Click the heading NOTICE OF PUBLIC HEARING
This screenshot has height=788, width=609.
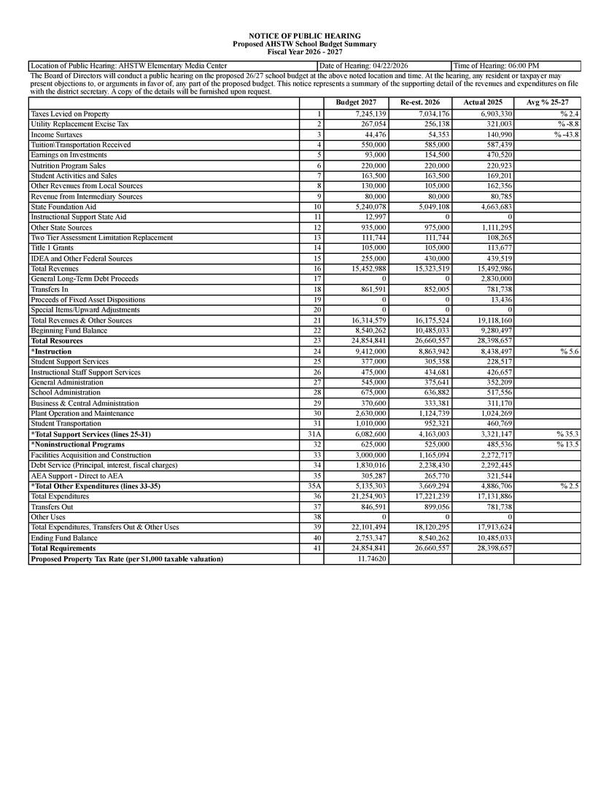304,36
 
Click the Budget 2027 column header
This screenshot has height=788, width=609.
356,103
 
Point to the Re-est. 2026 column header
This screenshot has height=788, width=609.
419,103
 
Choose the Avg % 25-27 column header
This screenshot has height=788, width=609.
547,103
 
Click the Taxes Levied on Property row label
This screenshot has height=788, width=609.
70,114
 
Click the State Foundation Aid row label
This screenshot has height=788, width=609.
63,206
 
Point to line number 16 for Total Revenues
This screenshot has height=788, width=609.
317,269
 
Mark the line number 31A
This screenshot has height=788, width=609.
315,433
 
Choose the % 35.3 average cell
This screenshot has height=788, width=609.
567,433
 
